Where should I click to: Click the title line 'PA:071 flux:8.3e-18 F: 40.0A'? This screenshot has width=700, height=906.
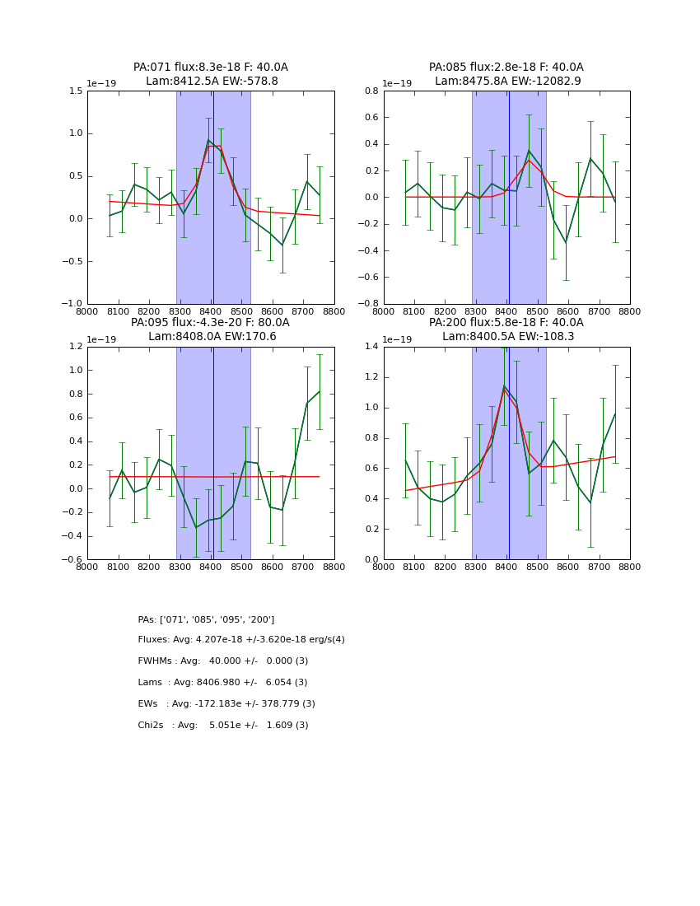[x=211, y=68]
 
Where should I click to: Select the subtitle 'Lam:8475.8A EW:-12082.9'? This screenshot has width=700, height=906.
[x=507, y=82]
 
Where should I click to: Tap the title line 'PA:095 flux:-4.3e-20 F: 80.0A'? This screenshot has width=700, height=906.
[x=210, y=323]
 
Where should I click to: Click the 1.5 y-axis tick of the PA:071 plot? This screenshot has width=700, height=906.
[x=75, y=91]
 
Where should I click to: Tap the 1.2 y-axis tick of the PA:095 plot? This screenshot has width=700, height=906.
[x=75, y=347]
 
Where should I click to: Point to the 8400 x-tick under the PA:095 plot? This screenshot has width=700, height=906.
[x=211, y=567]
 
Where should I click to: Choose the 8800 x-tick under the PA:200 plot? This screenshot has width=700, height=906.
[x=630, y=567]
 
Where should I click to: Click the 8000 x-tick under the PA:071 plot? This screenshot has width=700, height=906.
[x=87, y=311]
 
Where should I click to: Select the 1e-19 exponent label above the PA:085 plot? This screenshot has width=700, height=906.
[x=398, y=83]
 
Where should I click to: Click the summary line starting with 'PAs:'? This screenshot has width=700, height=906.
[x=206, y=619]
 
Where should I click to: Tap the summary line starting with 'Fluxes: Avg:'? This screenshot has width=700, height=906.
[x=241, y=640]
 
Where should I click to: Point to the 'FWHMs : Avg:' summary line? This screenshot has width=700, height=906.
[x=222, y=661]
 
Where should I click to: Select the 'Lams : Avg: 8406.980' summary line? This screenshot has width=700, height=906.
[x=222, y=683]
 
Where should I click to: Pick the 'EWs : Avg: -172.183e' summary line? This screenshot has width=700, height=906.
[x=226, y=704]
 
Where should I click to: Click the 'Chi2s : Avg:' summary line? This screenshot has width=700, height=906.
[x=222, y=726]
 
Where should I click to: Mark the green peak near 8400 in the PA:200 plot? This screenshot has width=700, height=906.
[x=504, y=386]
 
